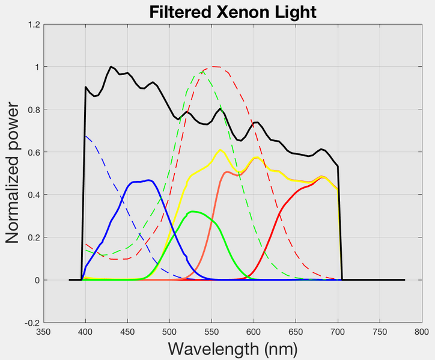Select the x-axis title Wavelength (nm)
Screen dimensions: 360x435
[233, 349]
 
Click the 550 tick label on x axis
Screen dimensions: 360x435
[211, 331]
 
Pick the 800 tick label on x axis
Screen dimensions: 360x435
[421, 331]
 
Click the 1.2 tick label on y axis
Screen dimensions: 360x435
[34, 25]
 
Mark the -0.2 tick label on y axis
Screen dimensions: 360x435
[32, 323]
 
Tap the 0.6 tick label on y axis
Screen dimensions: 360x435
[34, 153]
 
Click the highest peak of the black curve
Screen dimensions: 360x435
[111, 67]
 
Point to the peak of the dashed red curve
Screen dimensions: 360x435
[213, 67]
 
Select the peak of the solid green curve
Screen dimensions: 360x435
[192, 212]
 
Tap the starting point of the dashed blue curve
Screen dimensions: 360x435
[86, 136]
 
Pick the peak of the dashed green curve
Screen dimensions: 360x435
[201, 72]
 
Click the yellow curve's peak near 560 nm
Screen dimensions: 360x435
[221, 150]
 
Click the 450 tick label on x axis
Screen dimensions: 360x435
[127, 331]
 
